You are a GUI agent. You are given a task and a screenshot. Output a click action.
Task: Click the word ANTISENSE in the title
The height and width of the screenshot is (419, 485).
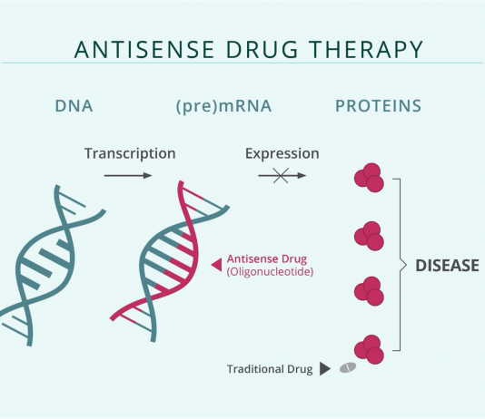(x=144, y=49)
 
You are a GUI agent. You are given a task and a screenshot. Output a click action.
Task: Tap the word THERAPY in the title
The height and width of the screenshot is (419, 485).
(x=366, y=49)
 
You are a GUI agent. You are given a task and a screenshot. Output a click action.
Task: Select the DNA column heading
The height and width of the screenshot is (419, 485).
(x=74, y=106)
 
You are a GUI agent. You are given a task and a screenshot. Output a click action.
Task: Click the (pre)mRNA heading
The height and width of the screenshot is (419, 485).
(x=223, y=106)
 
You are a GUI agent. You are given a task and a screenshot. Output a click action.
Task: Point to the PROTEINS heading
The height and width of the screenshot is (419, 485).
(x=379, y=106)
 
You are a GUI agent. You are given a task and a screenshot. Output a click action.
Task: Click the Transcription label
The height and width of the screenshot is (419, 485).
(x=130, y=153)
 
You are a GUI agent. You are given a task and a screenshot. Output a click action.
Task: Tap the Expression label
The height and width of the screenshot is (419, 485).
(x=282, y=153)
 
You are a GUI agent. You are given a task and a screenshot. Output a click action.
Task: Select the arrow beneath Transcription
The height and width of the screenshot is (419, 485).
(x=128, y=176)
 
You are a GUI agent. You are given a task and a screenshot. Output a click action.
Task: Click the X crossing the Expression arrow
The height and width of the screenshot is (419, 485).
(x=281, y=176)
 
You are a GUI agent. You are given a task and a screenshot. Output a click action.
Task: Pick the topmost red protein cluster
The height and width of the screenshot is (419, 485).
(x=369, y=178)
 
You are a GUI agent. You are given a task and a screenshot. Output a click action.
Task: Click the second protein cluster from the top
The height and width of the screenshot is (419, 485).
(x=369, y=236)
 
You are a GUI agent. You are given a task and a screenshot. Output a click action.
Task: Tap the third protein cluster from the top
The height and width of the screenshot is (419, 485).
(x=369, y=291)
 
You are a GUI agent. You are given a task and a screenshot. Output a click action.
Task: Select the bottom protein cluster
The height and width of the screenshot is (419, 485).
(x=369, y=349)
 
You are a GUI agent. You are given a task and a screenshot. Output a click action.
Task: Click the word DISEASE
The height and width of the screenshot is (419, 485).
(x=447, y=266)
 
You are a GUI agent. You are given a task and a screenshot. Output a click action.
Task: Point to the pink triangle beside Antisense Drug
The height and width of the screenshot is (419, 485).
(x=216, y=265)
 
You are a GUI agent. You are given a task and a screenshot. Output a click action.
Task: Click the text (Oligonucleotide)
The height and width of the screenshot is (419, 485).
(x=270, y=272)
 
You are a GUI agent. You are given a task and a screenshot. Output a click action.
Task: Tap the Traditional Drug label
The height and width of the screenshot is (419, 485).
(x=270, y=369)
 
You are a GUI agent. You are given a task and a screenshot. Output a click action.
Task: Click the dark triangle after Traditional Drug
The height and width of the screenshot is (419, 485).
(x=325, y=369)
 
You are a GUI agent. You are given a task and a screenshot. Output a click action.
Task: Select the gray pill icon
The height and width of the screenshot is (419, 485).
(x=348, y=367)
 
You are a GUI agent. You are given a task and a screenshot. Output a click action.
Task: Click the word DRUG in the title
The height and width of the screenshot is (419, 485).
(x=262, y=49)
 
